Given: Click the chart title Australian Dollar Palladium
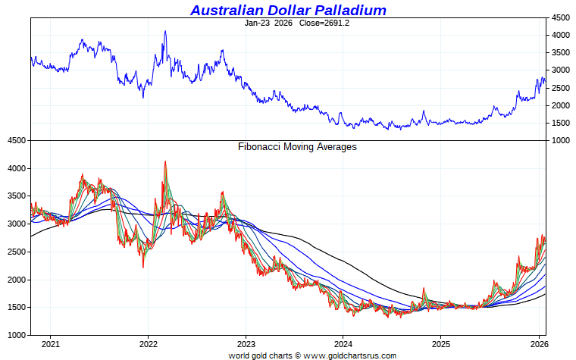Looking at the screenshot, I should [x=288, y=10].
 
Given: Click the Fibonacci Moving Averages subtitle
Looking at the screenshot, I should [x=297, y=147].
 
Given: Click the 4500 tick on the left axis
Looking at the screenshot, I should [x=16, y=141].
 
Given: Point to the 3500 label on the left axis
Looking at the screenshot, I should [x=16, y=196].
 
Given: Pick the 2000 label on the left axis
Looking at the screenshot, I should [x=16, y=280].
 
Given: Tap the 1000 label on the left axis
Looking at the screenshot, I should [x=16, y=335].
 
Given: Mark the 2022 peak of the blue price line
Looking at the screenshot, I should [x=165, y=31].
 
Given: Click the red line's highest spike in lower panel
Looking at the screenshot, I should [x=165, y=161].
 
